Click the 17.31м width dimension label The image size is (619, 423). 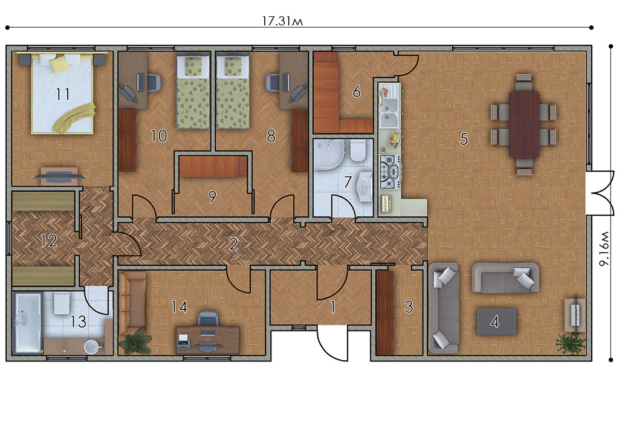[282, 21]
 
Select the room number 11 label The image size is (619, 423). [62, 94]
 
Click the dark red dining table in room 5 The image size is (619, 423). [524, 124]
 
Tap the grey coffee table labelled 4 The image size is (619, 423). [497, 321]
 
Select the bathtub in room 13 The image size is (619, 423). [27, 322]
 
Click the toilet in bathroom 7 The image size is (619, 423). [358, 150]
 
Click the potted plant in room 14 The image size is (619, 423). [135, 341]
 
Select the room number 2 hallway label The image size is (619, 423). [233, 244]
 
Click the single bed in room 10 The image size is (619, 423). [192, 91]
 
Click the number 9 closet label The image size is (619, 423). [212, 196]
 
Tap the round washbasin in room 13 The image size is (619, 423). [92, 346]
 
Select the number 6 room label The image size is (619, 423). [357, 91]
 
